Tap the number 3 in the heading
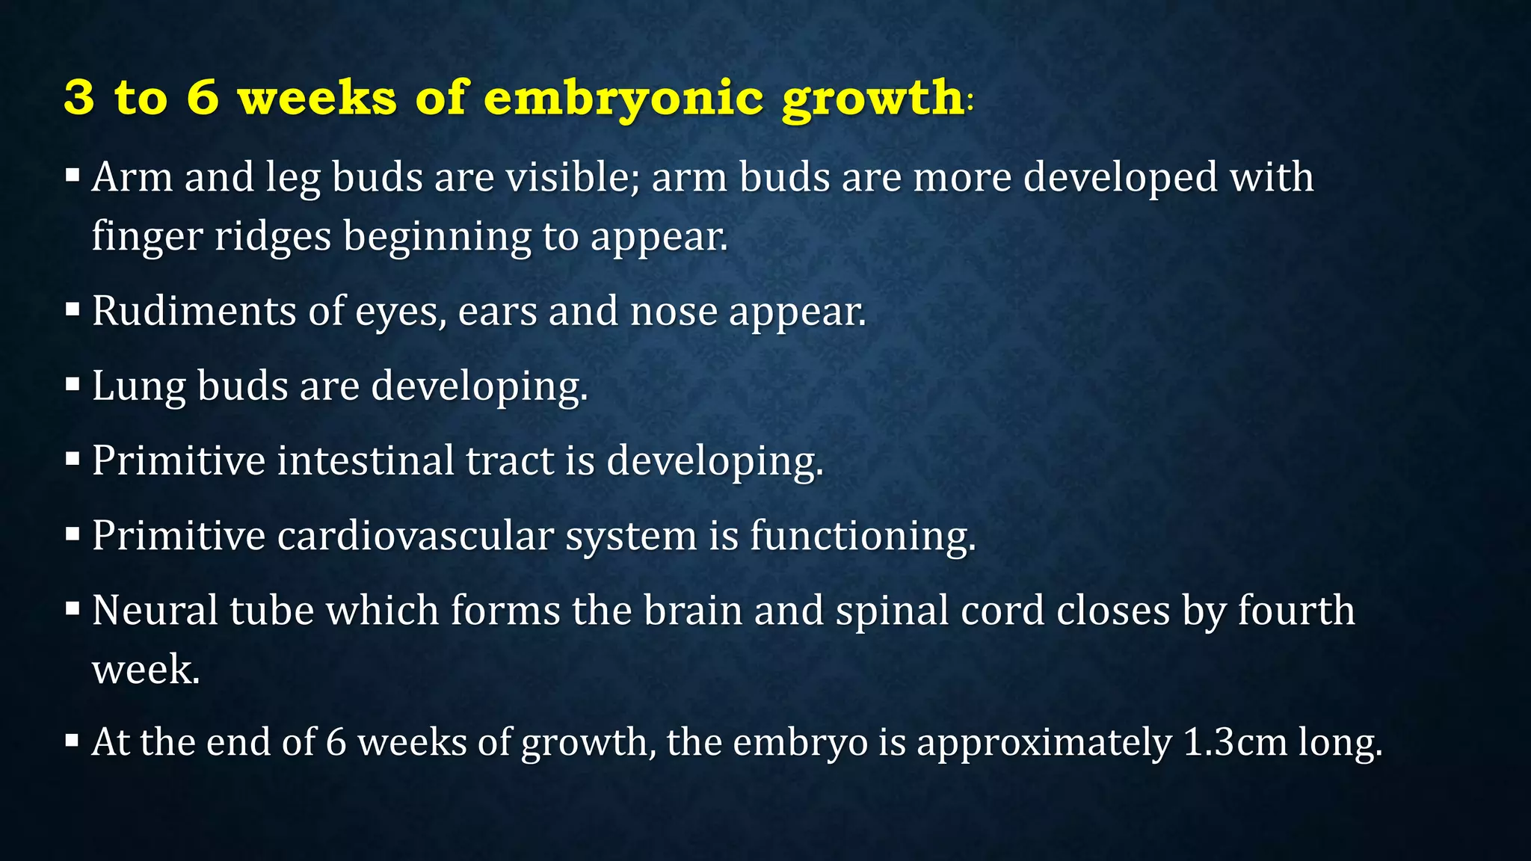(x=79, y=98)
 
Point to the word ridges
(x=273, y=236)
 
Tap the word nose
(x=674, y=312)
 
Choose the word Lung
(x=138, y=387)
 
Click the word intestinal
(x=365, y=460)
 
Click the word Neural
(x=155, y=611)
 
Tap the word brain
(x=692, y=611)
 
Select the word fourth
(x=1296, y=611)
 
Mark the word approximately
(x=1044, y=744)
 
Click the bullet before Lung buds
(x=73, y=385)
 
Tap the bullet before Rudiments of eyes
(x=73, y=309)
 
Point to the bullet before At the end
(x=73, y=741)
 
